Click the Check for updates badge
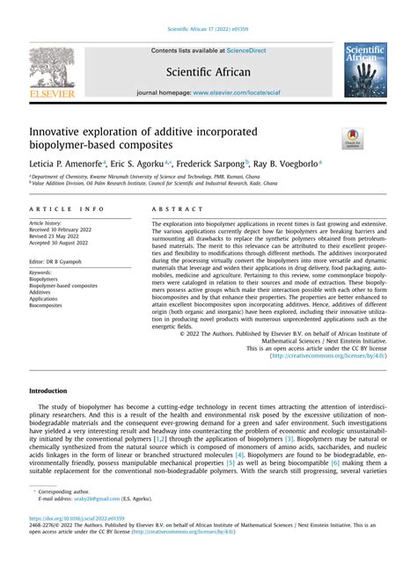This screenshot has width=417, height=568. coord(353,139)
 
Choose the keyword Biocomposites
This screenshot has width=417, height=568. coord(46,307)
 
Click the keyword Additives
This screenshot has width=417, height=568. coord(40,293)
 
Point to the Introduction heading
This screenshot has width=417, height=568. coord(48,390)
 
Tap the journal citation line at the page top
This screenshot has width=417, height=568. coord(208,31)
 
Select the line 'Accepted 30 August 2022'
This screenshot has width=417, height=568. coord(62,244)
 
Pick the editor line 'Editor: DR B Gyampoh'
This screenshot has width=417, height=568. coord(60,262)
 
